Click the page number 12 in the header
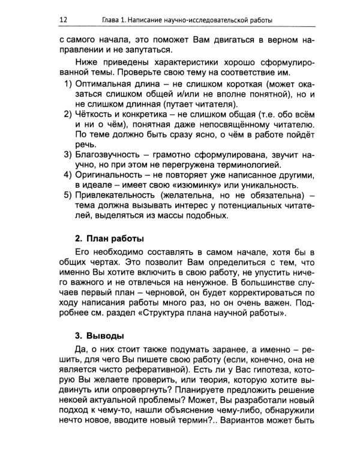[x=63, y=20]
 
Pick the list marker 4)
[x=69, y=174]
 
